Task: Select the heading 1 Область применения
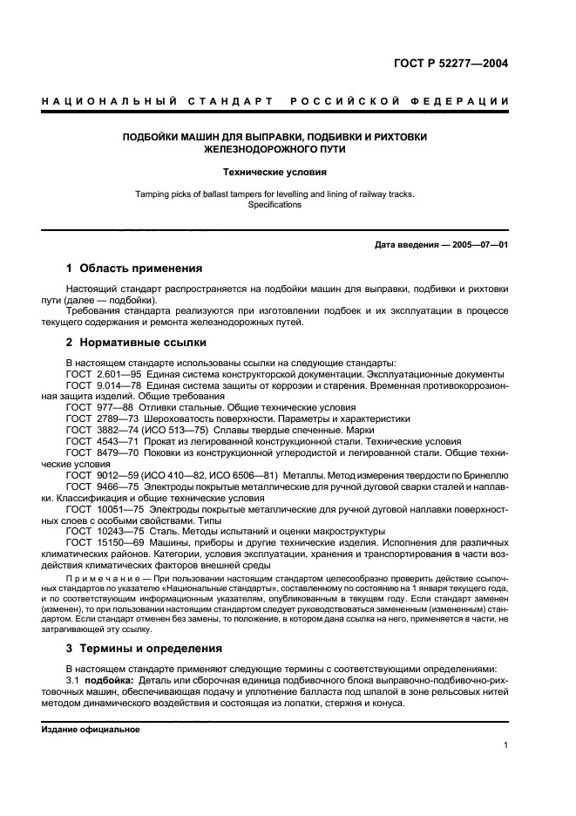(134, 268)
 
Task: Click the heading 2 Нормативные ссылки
(137, 343)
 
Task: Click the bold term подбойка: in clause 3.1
(108, 679)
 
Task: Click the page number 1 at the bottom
(506, 745)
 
